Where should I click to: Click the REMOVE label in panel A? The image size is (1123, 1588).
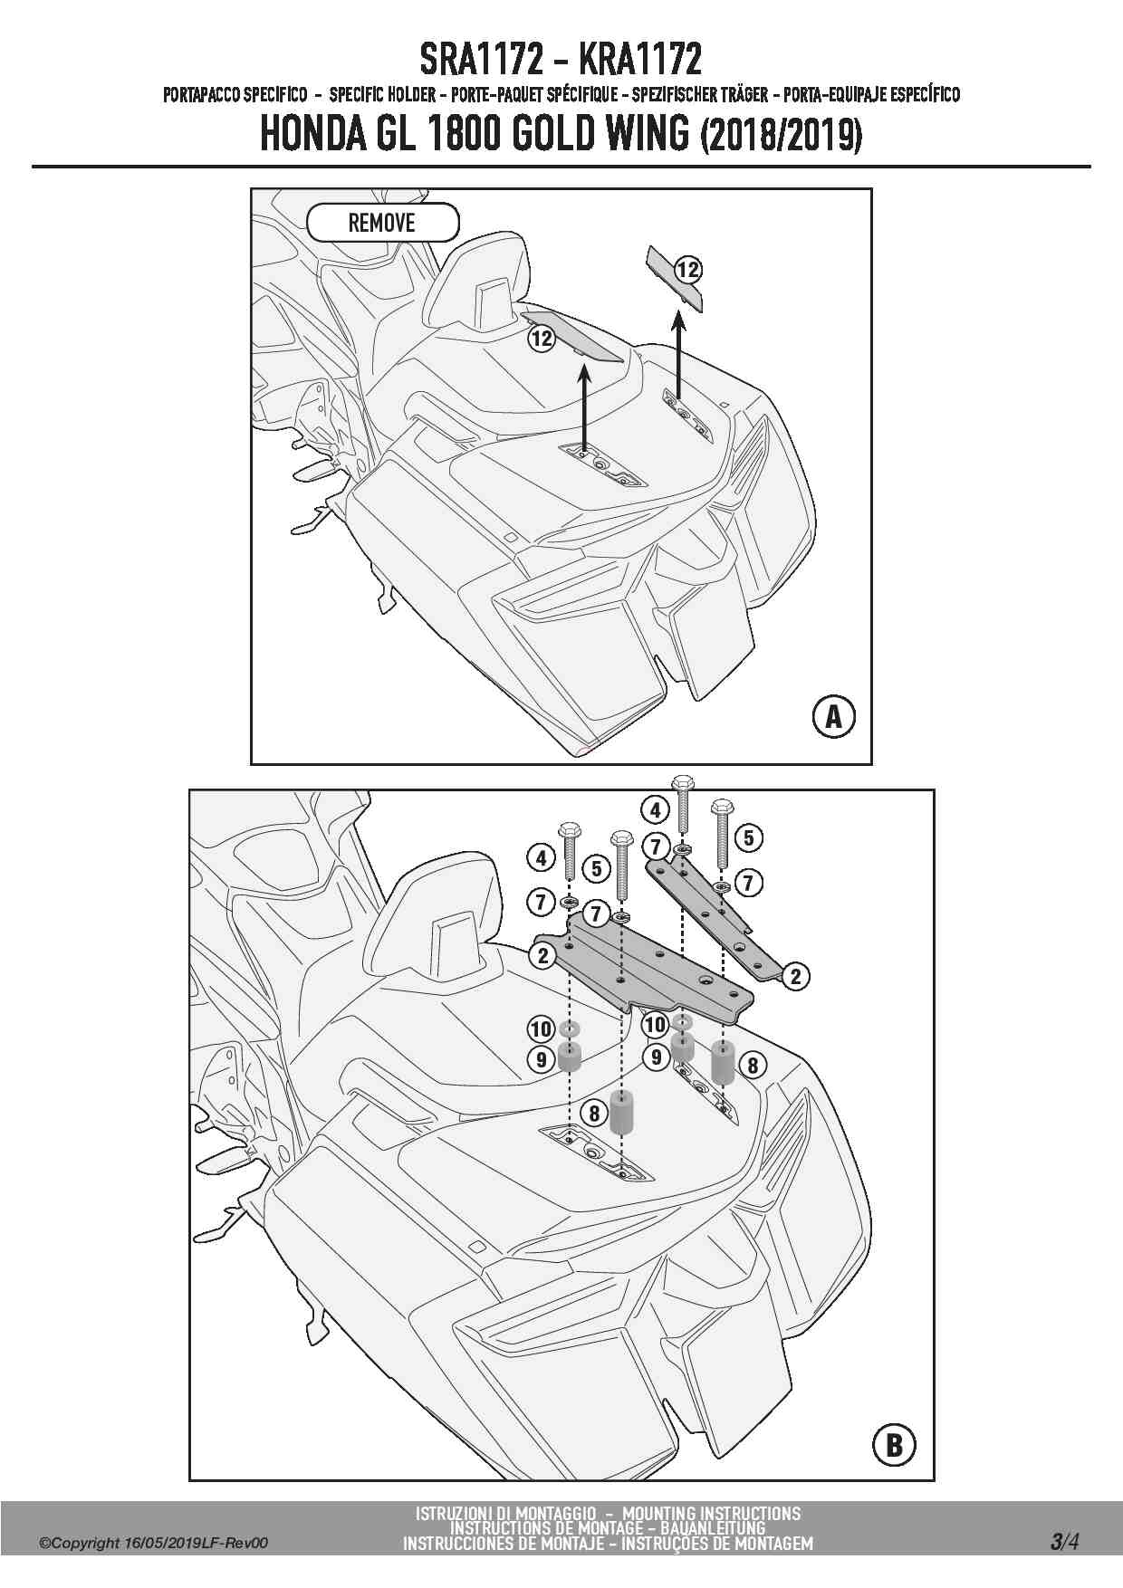pos(382,223)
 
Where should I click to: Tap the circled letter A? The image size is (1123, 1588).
pos(833,717)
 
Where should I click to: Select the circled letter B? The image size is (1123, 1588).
pos(893,1445)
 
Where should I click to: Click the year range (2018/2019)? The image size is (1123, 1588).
pos(781,136)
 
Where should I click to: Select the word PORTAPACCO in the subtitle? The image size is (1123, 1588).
pos(202,95)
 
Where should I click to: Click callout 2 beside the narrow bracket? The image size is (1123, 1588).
pos(795,977)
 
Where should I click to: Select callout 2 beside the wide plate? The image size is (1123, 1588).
pos(542,955)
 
